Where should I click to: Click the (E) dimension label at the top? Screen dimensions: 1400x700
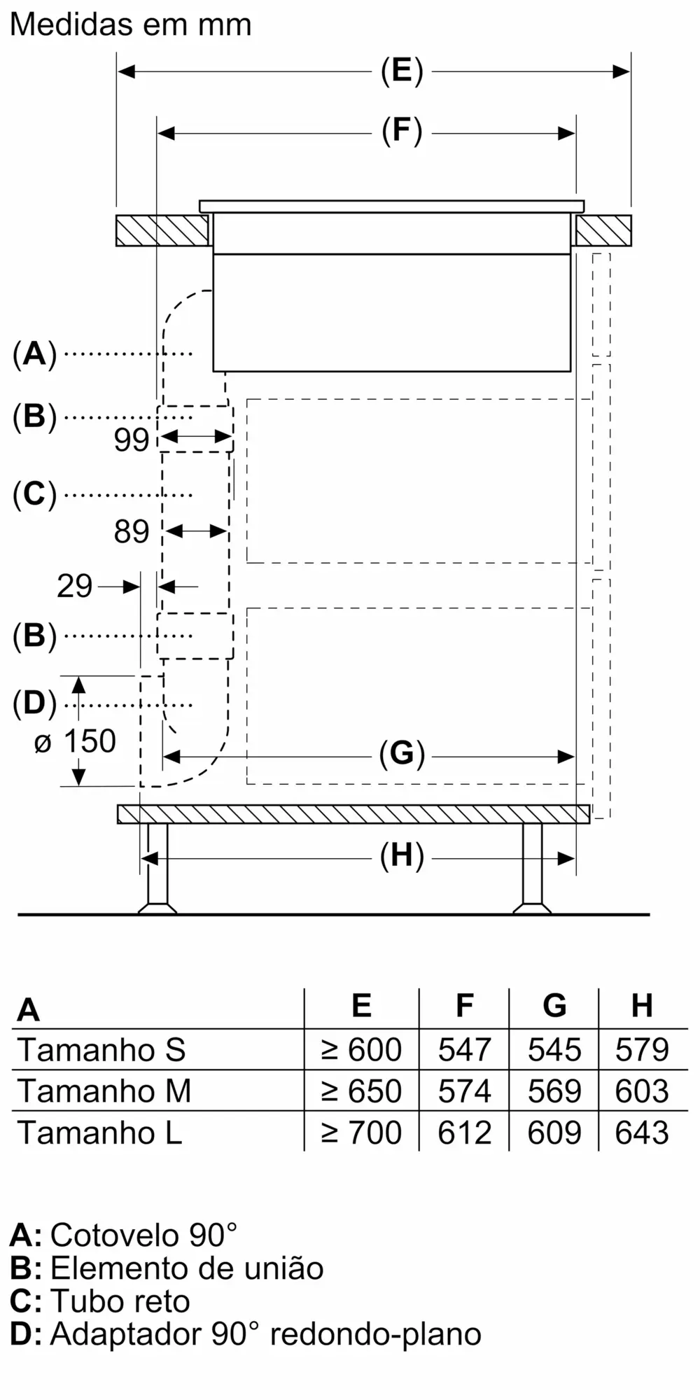point(402,71)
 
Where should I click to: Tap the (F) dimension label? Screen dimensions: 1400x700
point(402,131)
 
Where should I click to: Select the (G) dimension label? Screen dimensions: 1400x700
point(402,755)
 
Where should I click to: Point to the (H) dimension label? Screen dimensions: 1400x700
point(402,857)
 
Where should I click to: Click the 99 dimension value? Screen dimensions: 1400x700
point(132,440)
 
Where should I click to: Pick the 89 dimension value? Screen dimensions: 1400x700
point(132,532)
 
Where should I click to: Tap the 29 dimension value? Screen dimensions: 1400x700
point(75,586)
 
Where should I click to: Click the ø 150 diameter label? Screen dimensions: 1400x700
point(76,741)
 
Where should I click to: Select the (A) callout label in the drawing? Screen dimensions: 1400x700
point(34,353)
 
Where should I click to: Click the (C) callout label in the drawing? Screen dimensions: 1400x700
point(34,494)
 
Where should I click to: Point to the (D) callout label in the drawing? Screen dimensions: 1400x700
point(34,703)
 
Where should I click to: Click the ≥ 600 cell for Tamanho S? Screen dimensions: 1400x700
point(361,1049)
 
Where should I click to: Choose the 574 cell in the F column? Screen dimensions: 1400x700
point(464,1091)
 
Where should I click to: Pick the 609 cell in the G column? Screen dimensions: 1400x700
point(554,1132)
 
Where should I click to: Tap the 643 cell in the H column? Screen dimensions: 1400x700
point(642,1132)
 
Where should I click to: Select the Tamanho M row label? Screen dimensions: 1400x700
point(104,1091)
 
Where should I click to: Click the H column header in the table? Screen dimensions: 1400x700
point(642,1005)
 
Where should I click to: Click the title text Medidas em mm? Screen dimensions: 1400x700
point(131,25)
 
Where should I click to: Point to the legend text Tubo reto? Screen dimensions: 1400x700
point(120,1301)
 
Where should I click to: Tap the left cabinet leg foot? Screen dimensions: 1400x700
point(157,908)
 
